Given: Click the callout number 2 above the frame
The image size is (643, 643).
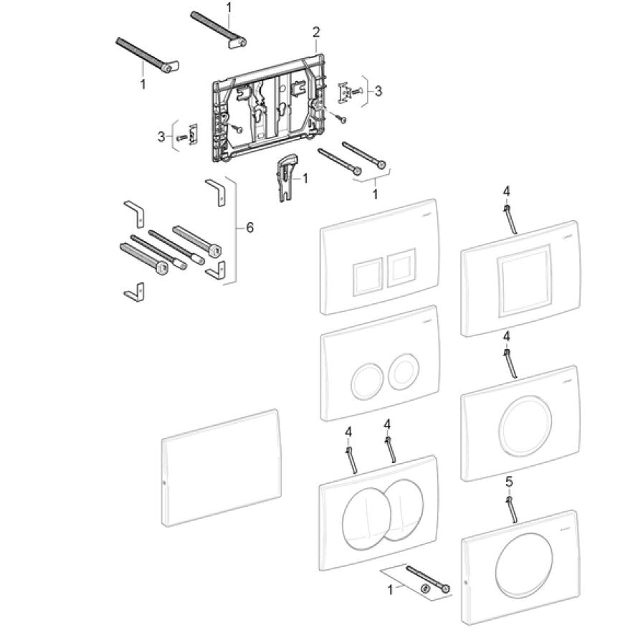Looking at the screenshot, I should point(316,32).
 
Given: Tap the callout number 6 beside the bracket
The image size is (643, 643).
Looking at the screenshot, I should point(249,227).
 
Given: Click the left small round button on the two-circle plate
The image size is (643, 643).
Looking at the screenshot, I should point(366,381).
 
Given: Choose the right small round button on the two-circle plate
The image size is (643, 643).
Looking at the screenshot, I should point(402,371).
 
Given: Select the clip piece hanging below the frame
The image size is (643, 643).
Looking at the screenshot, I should point(285,178).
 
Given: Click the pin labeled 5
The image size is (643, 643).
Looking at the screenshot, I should point(512,508).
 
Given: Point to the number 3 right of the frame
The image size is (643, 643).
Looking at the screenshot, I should point(378,91).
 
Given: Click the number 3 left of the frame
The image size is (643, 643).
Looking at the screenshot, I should point(161,135).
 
